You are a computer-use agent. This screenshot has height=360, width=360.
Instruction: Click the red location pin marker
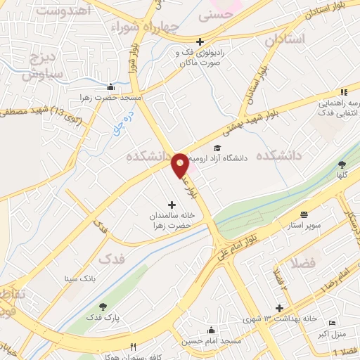(x=180, y=165)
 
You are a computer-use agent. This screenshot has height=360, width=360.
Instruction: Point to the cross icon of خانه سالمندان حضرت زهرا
(x=172, y=205)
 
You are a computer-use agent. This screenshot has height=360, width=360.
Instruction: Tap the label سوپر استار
(x=304, y=226)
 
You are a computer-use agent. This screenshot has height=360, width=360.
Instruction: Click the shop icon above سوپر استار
(x=304, y=214)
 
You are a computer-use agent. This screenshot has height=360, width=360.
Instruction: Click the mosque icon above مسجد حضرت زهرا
(x=110, y=88)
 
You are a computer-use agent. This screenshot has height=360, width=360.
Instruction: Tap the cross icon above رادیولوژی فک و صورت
(x=200, y=42)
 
